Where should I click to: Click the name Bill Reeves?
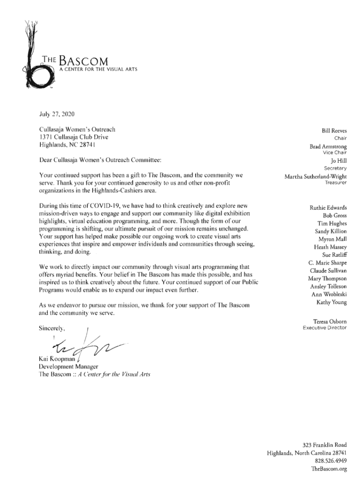coord(334,131)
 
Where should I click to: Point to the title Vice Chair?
coord(335,152)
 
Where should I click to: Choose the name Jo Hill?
coord(338,161)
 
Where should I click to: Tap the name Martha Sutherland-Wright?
coord(316,176)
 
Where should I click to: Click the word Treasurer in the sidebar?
coord(336,182)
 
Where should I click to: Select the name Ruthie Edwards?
coord(328,208)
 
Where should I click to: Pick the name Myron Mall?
coord(333,239)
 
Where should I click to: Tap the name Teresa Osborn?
coord(330,321)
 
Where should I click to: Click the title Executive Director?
coord(324,327)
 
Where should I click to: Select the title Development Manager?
coord(68,366)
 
